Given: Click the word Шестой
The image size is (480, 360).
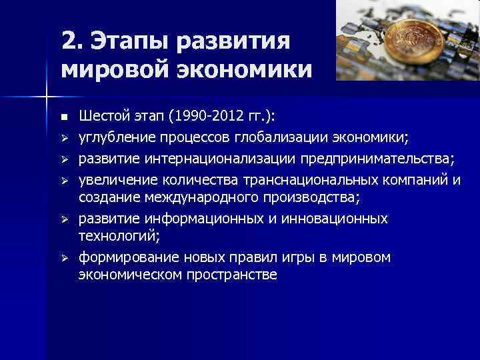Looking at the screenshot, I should tap(101, 117).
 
